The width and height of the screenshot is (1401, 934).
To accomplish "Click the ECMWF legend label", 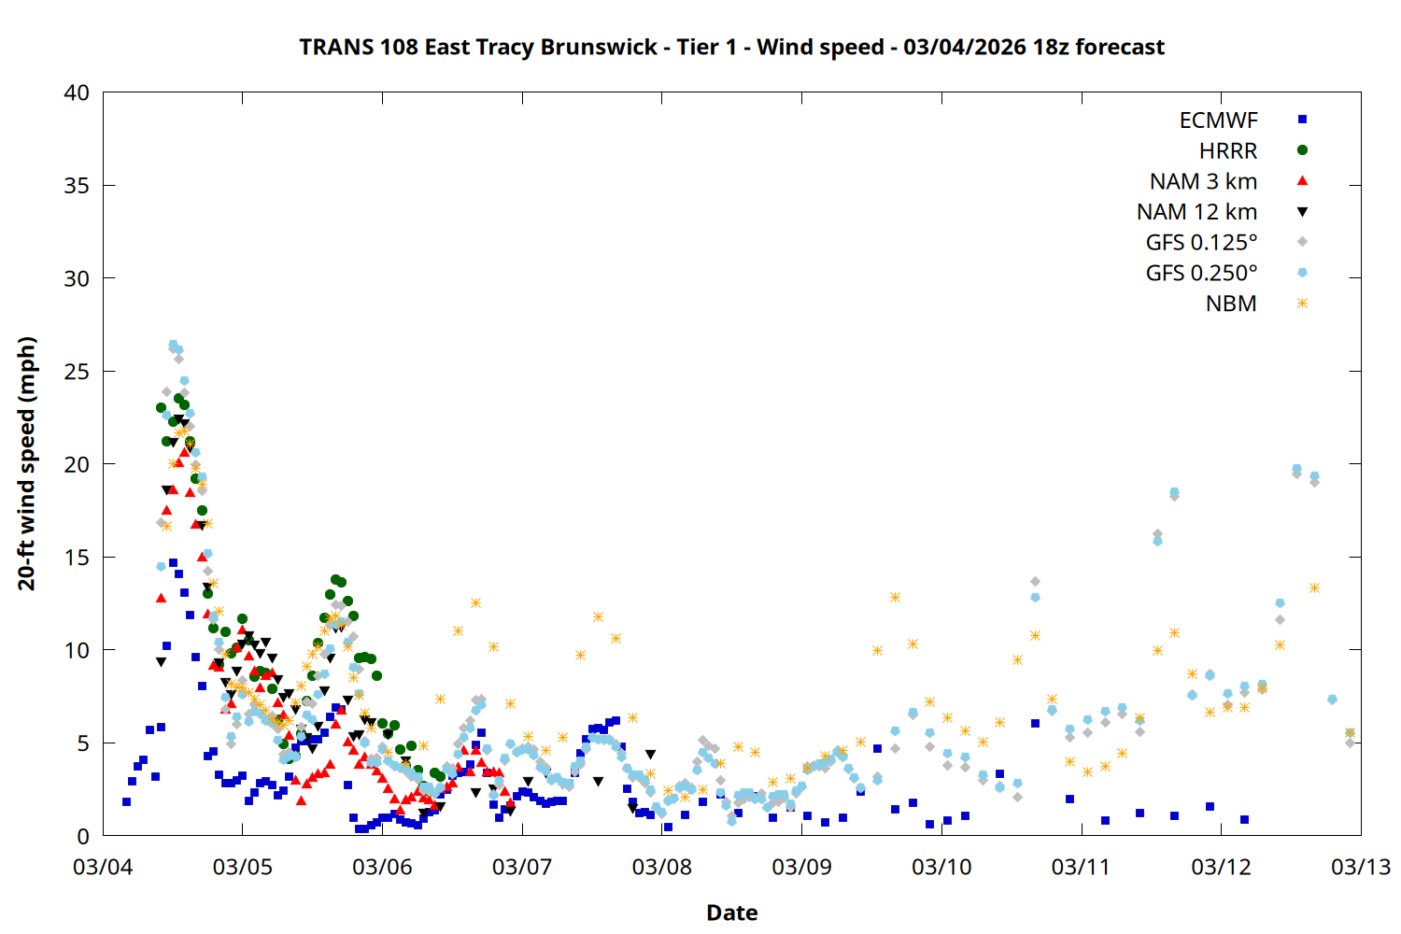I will pyautogui.click(x=1218, y=120).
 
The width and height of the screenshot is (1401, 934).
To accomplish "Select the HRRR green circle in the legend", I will pyautogui.click(x=1302, y=150).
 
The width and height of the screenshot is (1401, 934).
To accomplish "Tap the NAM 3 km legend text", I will pyautogui.click(x=1203, y=181).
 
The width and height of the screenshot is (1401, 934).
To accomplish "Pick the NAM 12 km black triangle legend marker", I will pyautogui.click(x=1302, y=212).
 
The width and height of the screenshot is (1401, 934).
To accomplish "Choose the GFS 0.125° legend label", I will pyautogui.click(x=1201, y=243).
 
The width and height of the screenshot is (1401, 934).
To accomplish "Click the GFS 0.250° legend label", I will pyautogui.click(x=1201, y=273).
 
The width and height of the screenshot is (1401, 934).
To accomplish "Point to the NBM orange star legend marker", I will pyautogui.click(x=1302, y=304).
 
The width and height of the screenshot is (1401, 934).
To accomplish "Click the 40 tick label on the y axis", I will pyautogui.click(x=78, y=92).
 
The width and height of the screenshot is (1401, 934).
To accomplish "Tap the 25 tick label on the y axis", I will pyautogui.click(x=78, y=372).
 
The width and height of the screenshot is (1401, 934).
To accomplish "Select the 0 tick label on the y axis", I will pyautogui.click(x=84, y=836).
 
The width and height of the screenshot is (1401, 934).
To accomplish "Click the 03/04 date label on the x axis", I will pyautogui.click(x=103, y=867).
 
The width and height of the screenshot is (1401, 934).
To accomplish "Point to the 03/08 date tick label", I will pyautogui.click(x=662, y=867).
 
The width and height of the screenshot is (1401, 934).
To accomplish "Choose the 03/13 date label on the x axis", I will pyautogui.click(x=1360, y=867).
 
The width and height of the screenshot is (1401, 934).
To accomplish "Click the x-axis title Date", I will pyautogui.click(x=732, y=913).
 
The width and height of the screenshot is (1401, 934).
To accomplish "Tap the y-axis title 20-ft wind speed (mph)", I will pyautogui.click(x=27, y=463).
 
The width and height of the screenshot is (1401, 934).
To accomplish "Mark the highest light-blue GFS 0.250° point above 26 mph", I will pyautogui.click(x=173, y=346).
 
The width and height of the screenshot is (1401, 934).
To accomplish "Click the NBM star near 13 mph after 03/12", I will pyautogui.click(x=1314, y=587).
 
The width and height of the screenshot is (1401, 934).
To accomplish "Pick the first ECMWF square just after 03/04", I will pyautogui.click(x=126, y=801).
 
